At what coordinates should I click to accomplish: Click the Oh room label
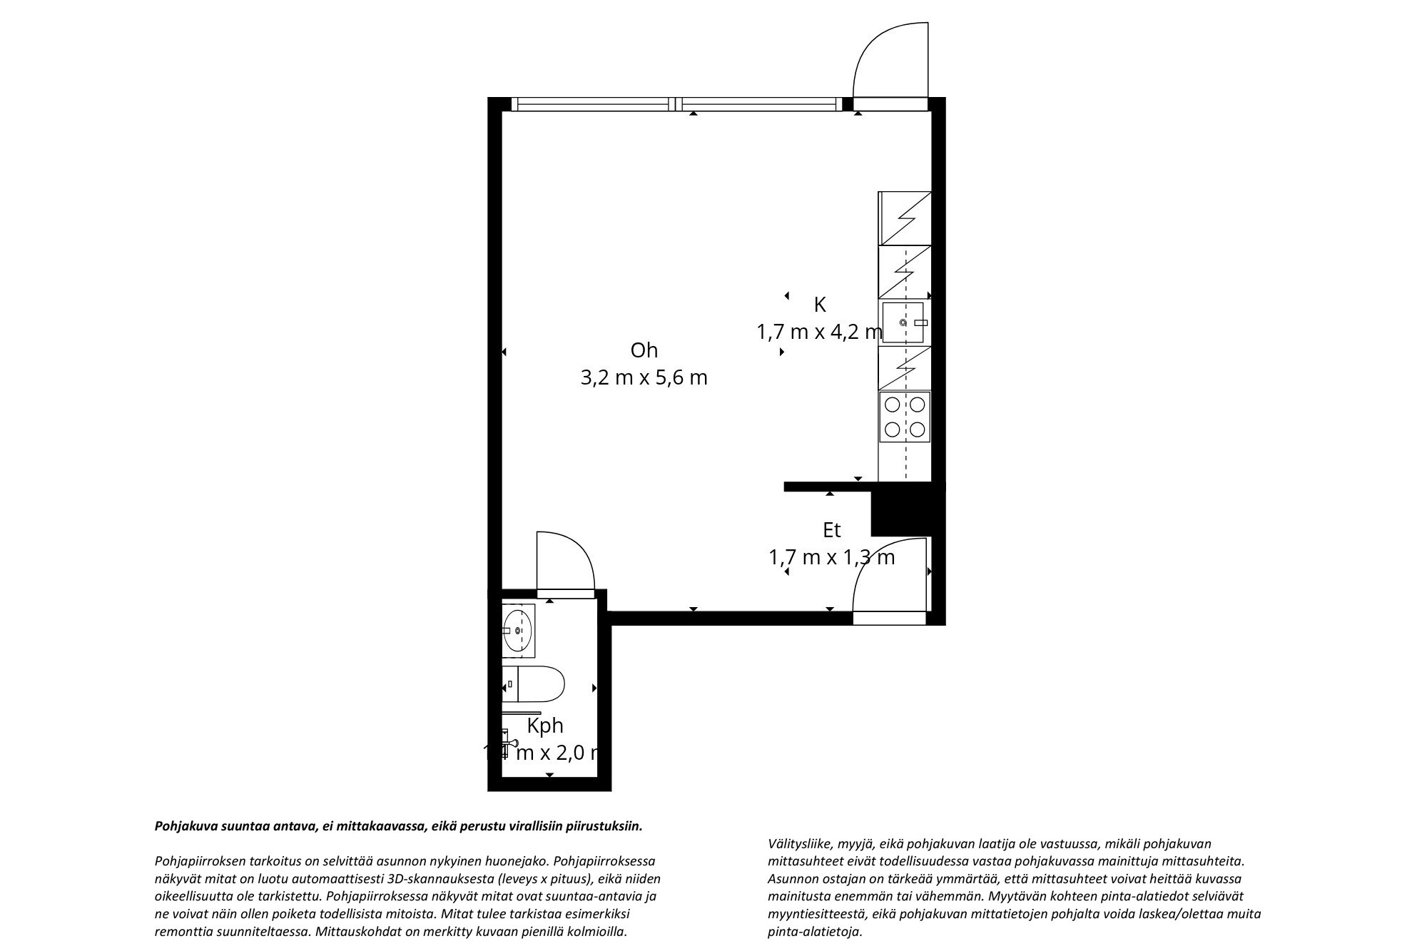[644, 350]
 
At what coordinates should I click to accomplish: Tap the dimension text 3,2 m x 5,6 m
[644, 377]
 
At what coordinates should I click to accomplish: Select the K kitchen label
[820, 305]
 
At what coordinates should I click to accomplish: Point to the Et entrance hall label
[831, 530]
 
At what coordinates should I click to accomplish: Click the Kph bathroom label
[545, 726]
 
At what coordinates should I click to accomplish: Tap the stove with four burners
[905, 417]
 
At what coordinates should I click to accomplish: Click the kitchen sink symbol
[904, 323]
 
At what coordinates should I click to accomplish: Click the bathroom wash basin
[517, 631]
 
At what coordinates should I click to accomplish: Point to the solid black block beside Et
[902, 509]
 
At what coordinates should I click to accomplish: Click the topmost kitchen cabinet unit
[905, 218]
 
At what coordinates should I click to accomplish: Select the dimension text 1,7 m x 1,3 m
[831, 557]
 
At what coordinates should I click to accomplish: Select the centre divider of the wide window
[676, 105]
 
